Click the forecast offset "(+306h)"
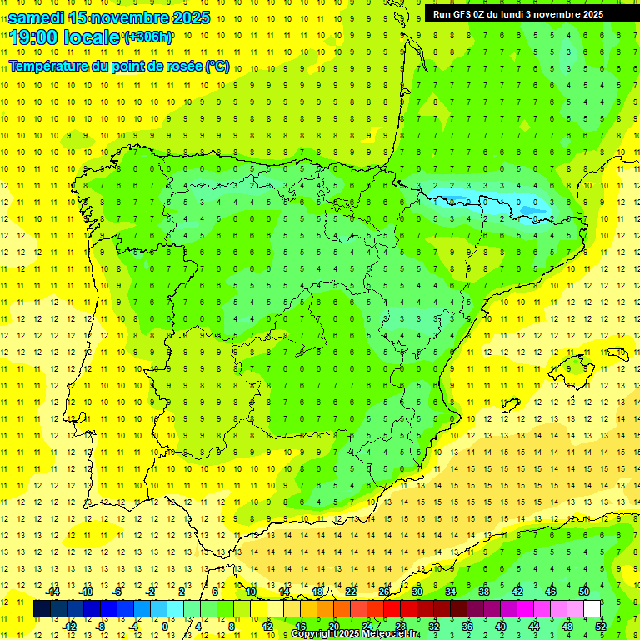coord(148,37)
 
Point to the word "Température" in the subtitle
coord(52,66)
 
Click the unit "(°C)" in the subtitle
coord(217,66)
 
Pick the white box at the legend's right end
coord(592,609)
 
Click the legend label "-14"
coord(53,592)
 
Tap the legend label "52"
coord(601,627)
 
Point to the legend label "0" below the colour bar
coord(164,627)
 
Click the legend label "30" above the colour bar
coord(417,592)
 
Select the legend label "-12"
coord(70,627)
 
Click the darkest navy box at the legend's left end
coord(42,609)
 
